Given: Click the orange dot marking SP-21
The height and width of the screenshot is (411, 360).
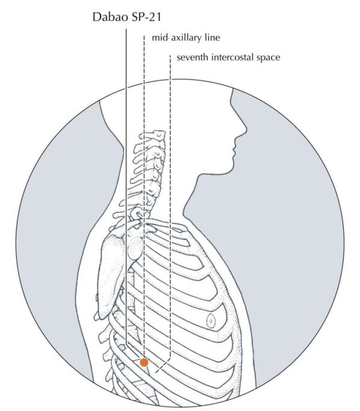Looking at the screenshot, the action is pos(144,362).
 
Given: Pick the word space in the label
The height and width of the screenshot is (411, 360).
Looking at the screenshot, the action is pos(268,58).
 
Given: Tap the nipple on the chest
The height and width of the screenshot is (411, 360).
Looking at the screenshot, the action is pos(211,320).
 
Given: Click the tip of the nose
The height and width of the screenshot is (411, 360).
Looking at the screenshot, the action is pos(246,130).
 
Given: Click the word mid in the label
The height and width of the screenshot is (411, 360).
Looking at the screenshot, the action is pos(160,38).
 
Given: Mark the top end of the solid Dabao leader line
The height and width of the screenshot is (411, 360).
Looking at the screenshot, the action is pos(126,29).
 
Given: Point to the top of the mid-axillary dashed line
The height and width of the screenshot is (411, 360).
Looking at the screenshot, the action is pos(144,36).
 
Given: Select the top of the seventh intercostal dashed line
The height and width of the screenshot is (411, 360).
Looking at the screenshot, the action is pos(170,55).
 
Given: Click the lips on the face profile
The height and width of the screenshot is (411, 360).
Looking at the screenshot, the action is pos(234,149).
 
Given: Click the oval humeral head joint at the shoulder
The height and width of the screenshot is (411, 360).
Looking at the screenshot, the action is pos(135,247).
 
